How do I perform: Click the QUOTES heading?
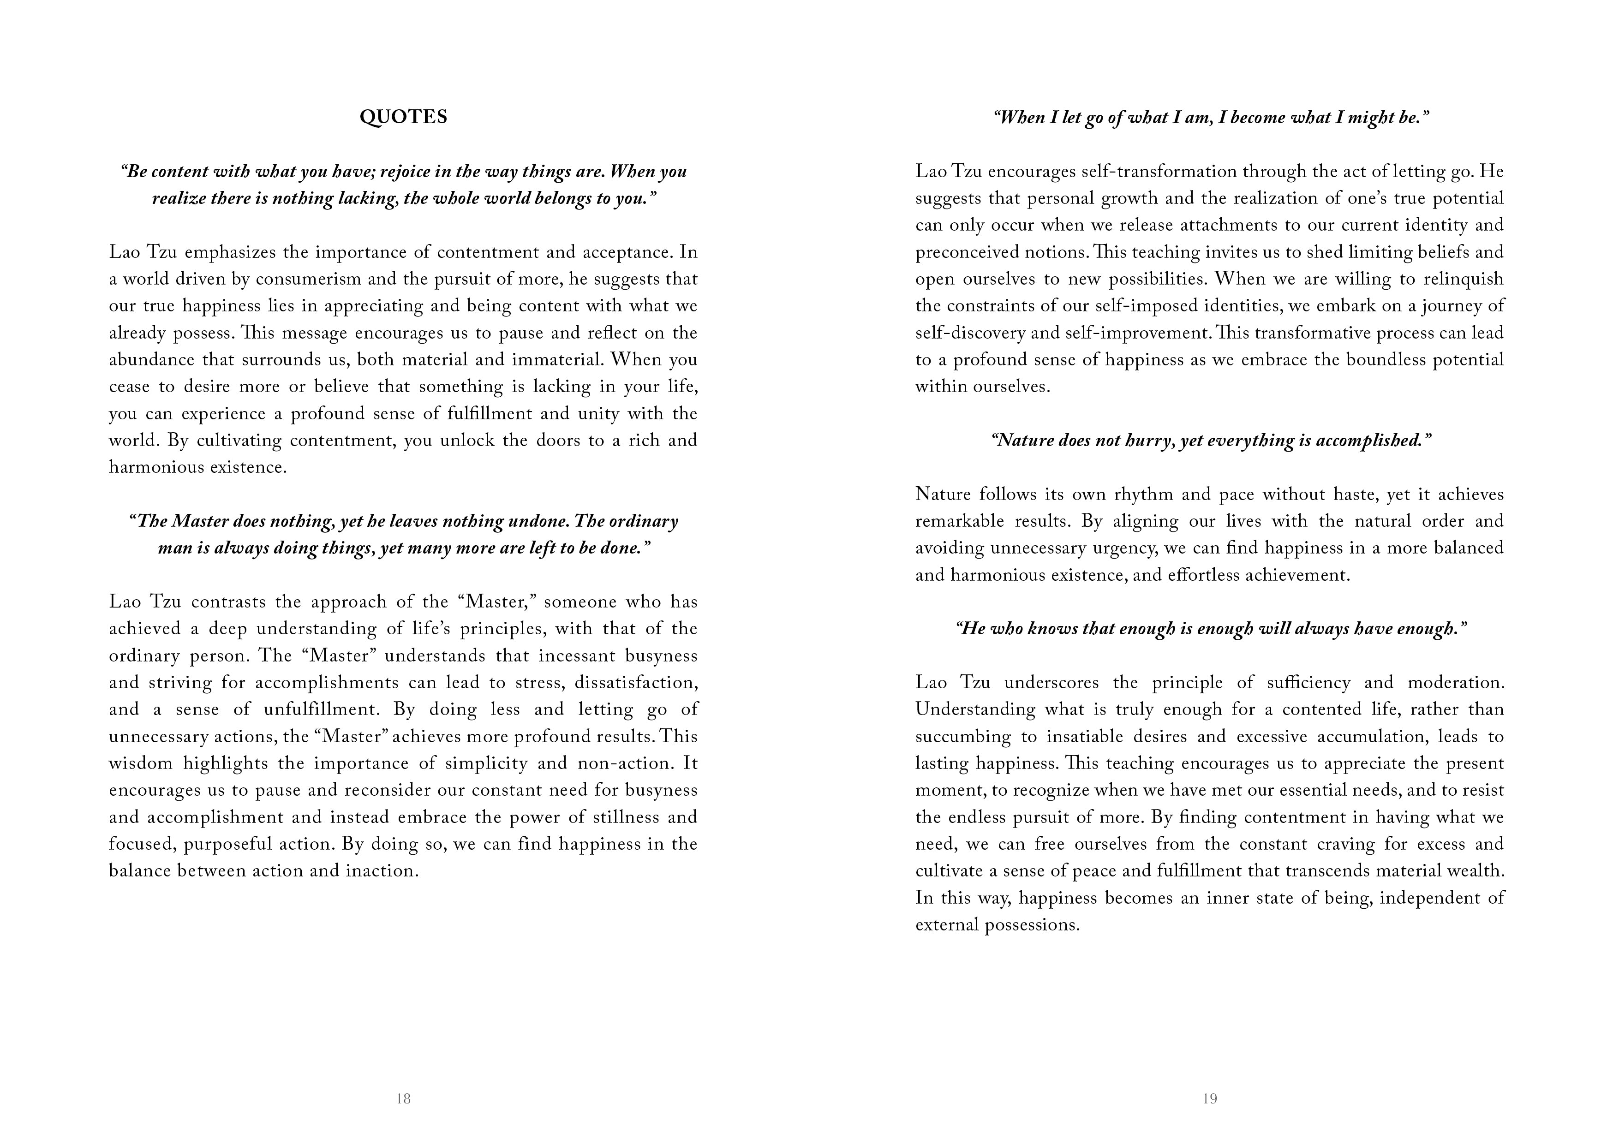pos(403,117)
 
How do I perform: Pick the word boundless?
pos(1387,360)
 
